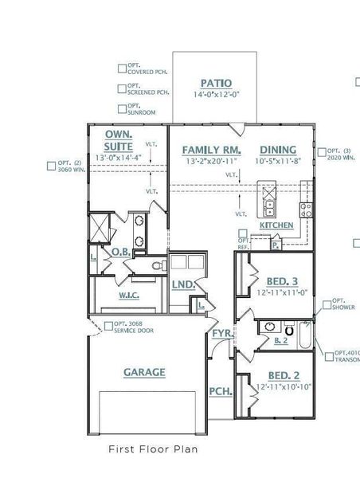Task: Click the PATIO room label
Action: coord(215,82)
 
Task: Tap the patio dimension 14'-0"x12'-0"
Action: coord(215,94)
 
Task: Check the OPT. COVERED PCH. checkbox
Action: coord(122,69)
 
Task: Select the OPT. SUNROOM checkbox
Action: coord(122,108)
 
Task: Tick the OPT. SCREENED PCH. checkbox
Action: coord(122,88)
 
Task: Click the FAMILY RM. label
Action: coord(211,150)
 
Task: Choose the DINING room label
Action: coord(276,150)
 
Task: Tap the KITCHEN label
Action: coord(276,225)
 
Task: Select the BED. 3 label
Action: coord(283,281)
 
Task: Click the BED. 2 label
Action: coord(283,375)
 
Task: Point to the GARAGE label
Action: coord(144,372)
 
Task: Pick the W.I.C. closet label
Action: coord(130,295)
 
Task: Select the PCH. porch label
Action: coord(219,391)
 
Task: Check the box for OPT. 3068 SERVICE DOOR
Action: coord(108,323)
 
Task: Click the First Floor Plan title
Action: coord(153,449)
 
